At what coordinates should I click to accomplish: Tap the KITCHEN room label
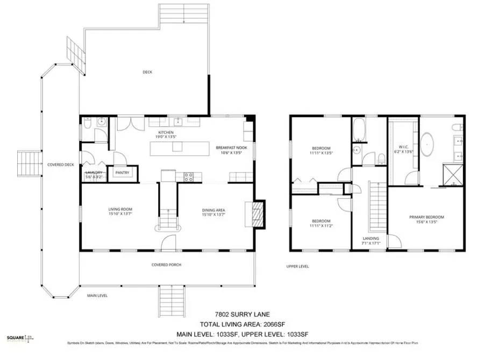pyautogui.click(x=165, y=133)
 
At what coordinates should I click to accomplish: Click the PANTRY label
pyautogui.click(x=123, y=173)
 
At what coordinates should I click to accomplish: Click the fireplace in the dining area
pyautogui.click(x=258, y=212)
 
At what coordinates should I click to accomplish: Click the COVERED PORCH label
pyautogui.click(x=166, y=265)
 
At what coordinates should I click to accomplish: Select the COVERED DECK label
pyautogui.click(x=60, y=165)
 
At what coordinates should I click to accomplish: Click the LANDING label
pyautogui.click(x=371, y=238)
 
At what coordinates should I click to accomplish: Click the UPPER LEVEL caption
pyautogui.click(x=297, y=266)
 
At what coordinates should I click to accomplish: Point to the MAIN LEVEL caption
pyautogui.click(x=98, y=295)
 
